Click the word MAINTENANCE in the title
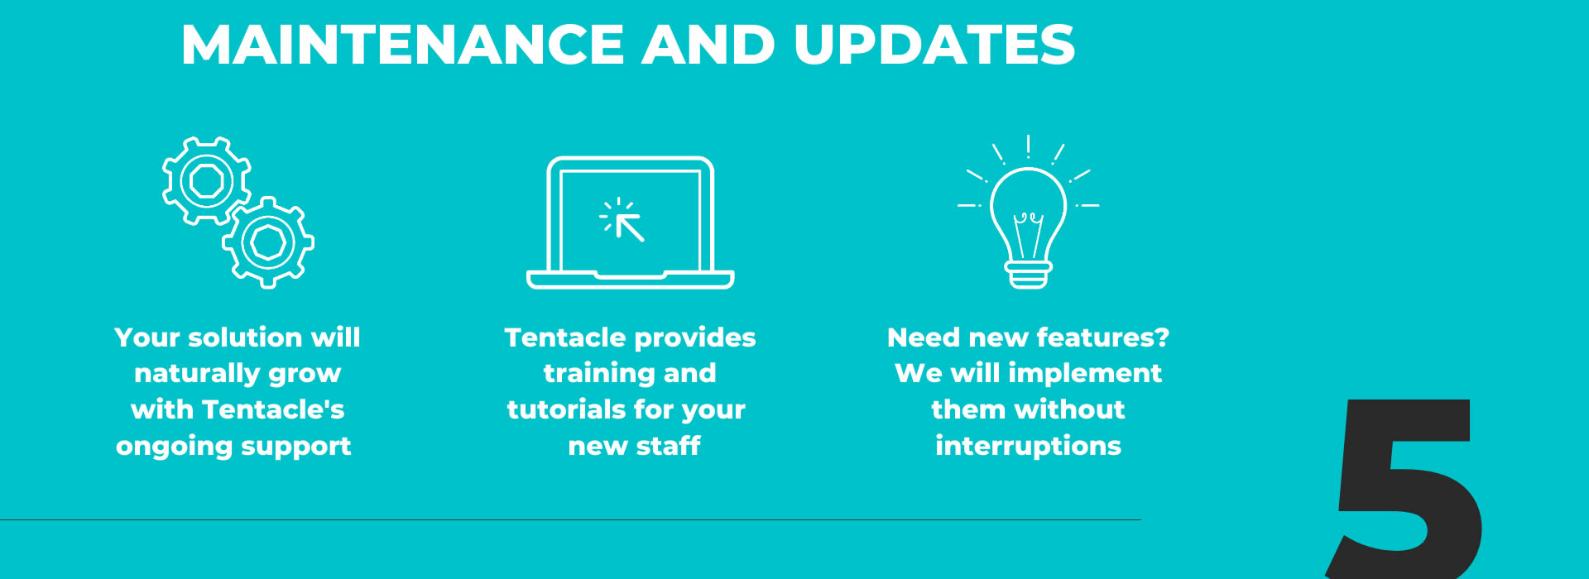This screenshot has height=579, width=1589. click(x=402, y=45)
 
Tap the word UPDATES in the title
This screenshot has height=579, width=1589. click(x=934, y=45)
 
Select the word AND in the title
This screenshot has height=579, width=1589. click(x=709, y=45)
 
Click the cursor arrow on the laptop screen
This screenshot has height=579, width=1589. click(x=629, y=226)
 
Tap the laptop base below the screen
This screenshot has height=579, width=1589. click(x=630, y=280)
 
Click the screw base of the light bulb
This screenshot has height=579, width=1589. click(x=1029, y=275)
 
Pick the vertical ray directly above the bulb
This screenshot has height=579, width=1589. click(x=1028, y=146)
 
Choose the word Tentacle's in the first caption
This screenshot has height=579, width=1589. click(x=273, y=409)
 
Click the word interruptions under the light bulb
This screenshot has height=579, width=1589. click(x=1028, y=447)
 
